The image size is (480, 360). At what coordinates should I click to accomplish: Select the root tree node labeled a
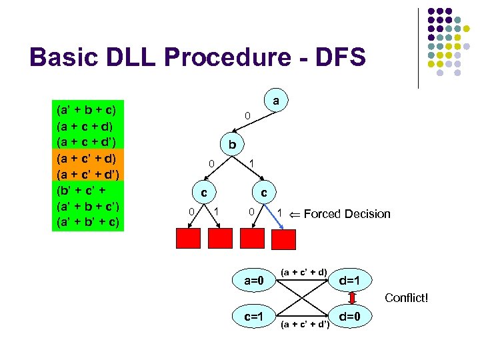[275, 102]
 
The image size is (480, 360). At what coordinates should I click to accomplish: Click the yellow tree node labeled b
[232, 144]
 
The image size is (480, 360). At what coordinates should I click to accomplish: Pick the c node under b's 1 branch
[264, 192]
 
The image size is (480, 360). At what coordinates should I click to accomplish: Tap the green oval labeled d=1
[350, 279]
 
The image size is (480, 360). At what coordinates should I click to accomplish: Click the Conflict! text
[406, 298]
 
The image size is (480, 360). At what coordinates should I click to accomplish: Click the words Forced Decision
[347, 214]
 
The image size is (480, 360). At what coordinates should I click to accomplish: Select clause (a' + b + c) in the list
[87, 109]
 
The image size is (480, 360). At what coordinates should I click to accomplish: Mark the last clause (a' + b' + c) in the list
[87, 221]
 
